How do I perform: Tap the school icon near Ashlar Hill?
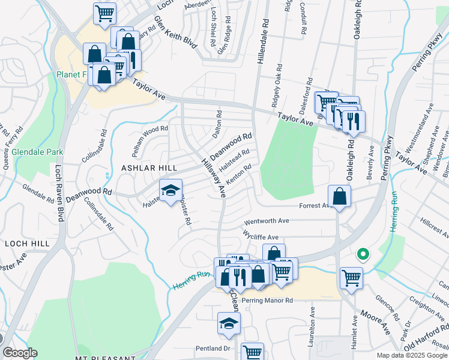coord(170,191)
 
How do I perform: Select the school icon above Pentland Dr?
coord(229,324)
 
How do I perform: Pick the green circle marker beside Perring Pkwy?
coord(363,254)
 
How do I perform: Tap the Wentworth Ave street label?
coord(267,221)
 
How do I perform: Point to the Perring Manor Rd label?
coord(267,300)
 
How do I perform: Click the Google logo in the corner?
coord(19,353)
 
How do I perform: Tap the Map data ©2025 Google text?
coord(411,355)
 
